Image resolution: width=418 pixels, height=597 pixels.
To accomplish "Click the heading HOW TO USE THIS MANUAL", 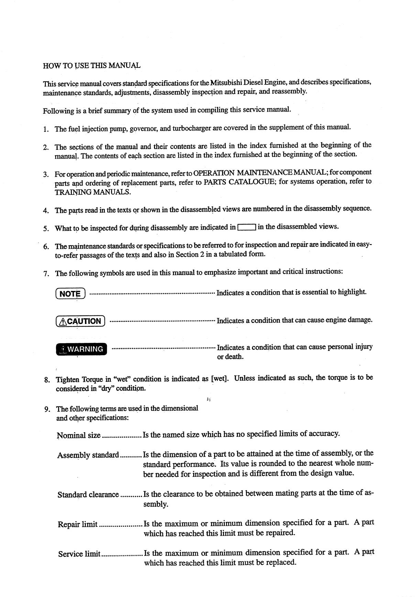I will tap(92, 65).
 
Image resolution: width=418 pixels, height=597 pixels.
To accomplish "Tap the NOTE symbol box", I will tap(70, 294).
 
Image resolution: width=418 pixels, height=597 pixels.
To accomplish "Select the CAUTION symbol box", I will tap(80, 321).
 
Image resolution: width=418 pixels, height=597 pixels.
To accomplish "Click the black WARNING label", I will tap(81, 349).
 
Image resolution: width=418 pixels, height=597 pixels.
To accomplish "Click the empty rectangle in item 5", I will tap(247, 227).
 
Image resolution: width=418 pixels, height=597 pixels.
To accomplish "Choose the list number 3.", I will tap(46, 174).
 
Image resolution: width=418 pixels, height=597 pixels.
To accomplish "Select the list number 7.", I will tap(46, 274).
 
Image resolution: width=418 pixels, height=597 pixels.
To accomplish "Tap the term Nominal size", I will tap(79, 435).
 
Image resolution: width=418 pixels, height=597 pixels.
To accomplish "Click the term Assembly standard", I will tap(88, 455).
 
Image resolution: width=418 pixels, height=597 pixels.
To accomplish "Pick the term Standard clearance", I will tap(88, 495).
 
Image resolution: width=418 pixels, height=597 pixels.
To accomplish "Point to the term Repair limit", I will tap(78, 524).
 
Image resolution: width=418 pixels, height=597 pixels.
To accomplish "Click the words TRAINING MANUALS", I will tap(93, 192).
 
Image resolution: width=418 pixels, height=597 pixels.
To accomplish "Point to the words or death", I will tap(230, 357).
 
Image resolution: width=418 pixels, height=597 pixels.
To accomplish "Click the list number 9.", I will tap(47, 409).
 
